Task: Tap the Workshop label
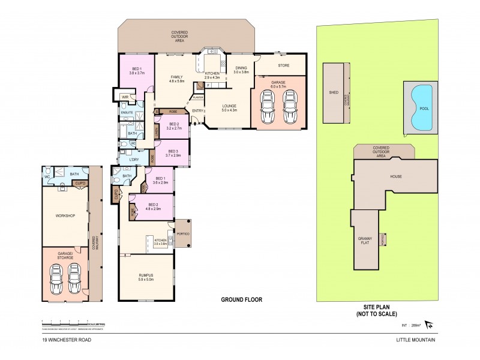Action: coord(65,215)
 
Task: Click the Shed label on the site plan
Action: coord(334,93)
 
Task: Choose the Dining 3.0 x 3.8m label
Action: coord(241,70)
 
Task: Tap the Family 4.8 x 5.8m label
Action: coord(176,79)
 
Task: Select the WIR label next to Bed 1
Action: coord(125,97)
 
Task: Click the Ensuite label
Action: coord(127,112)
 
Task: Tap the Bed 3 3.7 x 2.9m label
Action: coord(173,153)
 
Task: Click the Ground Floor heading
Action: coord(242,299)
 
